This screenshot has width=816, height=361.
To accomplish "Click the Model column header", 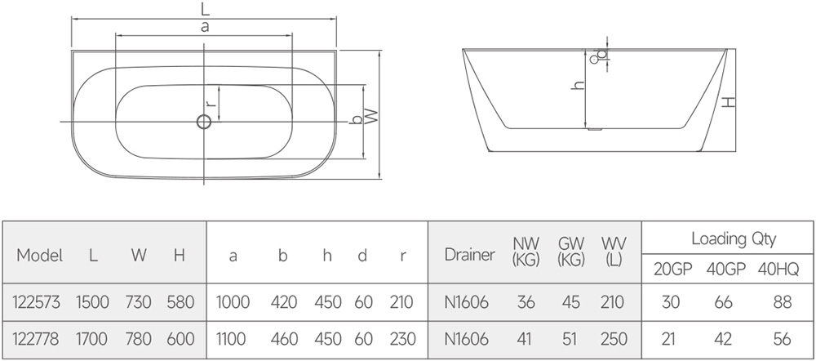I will click(40, 256).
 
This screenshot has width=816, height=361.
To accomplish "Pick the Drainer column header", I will click(469, 255).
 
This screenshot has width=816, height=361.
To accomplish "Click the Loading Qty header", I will click(734, 239).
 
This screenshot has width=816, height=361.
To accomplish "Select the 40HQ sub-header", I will click(783, 269).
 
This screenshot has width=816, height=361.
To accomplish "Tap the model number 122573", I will click(36, 303).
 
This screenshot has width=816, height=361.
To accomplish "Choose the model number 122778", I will click(36, 338).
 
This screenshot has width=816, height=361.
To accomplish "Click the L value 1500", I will click(92, 303).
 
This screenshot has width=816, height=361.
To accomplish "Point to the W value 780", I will click(139, 338).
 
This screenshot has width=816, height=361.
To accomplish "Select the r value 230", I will click(403, 338).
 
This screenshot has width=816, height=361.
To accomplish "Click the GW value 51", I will click(571, 338).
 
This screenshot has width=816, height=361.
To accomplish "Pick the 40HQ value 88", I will click(783, 303).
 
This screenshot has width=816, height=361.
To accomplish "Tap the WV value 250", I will click(614, 338).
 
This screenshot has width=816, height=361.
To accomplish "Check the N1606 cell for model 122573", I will click(467, 303).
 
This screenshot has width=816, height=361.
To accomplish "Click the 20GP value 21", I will click(671, 338).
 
